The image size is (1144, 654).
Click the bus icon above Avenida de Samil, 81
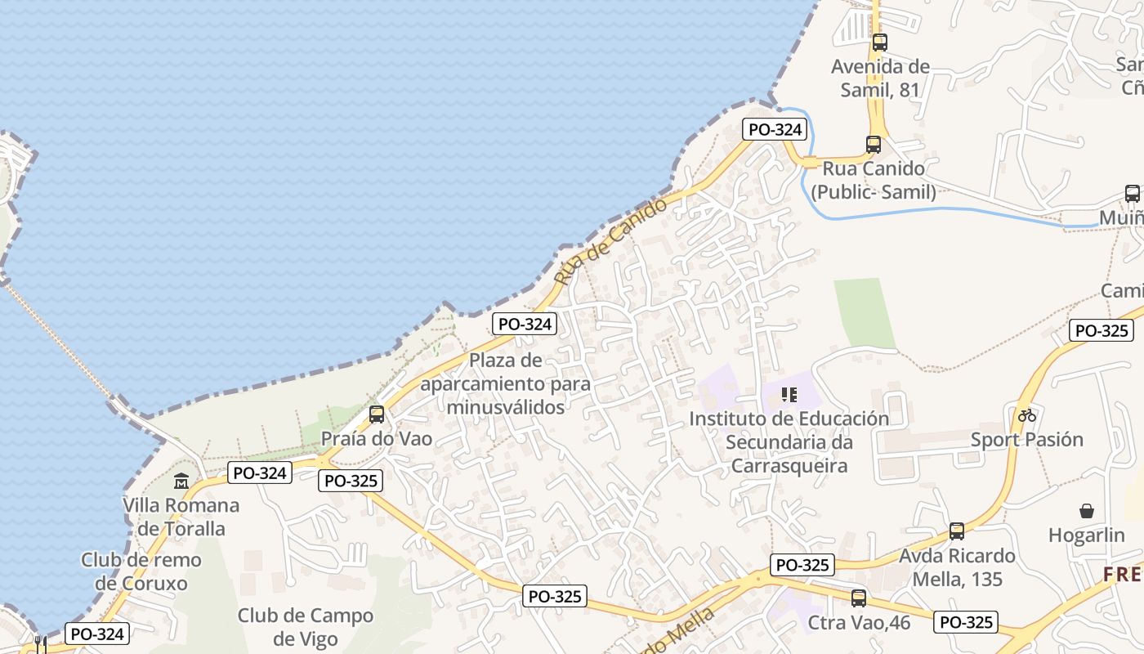879,43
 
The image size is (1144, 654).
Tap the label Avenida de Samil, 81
880,78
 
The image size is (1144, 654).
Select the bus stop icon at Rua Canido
874,145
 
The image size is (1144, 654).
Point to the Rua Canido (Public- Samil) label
874,181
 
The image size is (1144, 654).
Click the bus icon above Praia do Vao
376,414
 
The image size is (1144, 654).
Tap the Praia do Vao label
376,438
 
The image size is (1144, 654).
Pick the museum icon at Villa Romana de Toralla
181,481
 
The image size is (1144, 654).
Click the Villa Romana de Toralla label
181,517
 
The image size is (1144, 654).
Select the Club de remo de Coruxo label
141,571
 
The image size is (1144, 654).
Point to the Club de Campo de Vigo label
306,627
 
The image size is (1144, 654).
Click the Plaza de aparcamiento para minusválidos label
507,383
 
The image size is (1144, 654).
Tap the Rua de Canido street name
610,242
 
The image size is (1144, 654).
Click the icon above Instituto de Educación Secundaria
789,395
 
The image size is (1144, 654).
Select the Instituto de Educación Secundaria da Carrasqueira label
789,442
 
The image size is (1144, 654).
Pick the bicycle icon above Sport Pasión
1026,415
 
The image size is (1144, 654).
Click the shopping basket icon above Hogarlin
1087,511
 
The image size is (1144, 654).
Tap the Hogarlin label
1087,535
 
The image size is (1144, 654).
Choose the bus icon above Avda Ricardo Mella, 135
957,531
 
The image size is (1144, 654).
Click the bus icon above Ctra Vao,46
859,598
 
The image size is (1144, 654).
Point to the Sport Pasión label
1026,440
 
